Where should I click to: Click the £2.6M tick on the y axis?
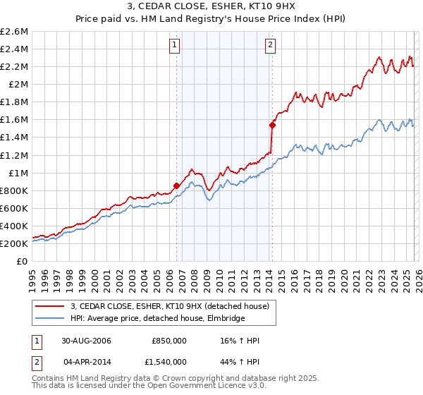click(14, 32)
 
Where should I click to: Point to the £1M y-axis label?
click(17, 173)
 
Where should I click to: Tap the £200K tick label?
click(14, 243)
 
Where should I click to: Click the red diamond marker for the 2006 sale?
click(176, 186)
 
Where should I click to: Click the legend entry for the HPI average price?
click(157, 319)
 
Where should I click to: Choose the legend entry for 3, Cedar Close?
click(169, 306)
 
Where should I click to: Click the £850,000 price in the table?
click(169, 341)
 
